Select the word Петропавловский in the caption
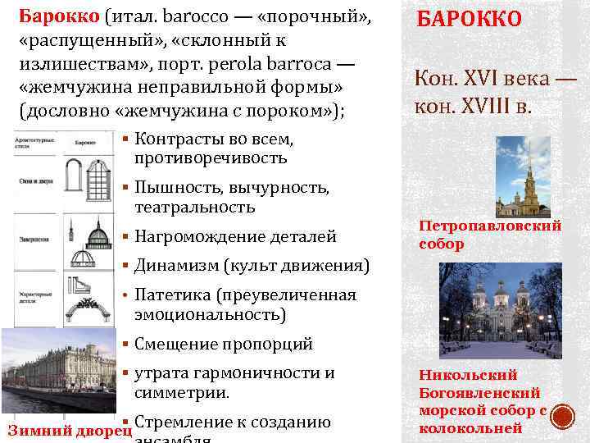(x=490, y=226)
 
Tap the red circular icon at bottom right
(x=563, y=418)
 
